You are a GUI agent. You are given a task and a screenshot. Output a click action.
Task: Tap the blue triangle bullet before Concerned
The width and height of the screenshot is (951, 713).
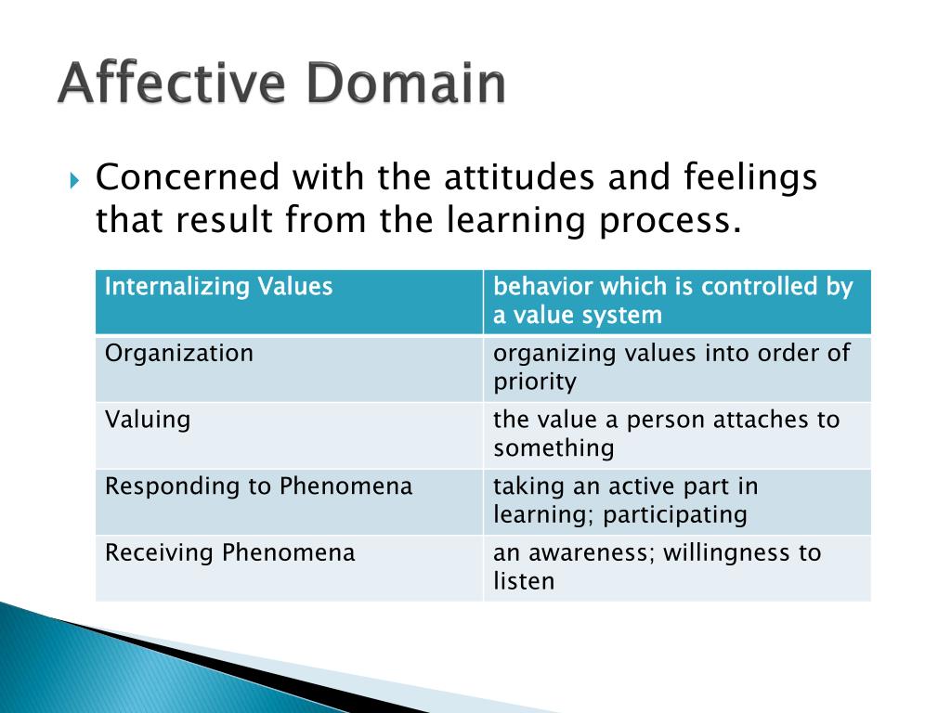pyautogui.click(x=76, y=178)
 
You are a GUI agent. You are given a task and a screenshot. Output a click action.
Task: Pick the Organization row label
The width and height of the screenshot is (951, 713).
pyautogui.click(x=179, y=354)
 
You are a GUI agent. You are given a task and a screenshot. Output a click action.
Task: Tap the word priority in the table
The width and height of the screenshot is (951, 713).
pyautogui.click(x=535, y=382)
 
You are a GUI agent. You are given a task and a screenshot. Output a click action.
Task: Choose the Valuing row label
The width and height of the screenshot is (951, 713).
pyautogui.click(x=148, y=420)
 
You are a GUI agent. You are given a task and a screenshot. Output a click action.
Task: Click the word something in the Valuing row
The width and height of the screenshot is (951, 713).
pyautogui.click(x=554, y=448)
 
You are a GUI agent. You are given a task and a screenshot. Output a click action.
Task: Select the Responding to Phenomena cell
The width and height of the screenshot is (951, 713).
pyautogui.click(x=259, y=486)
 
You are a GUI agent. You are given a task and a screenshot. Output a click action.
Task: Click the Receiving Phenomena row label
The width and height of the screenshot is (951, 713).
pyautogui.click(x=230, y=553)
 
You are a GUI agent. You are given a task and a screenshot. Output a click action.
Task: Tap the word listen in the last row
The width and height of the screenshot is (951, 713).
pyautogui.click(x=524, y=582)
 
